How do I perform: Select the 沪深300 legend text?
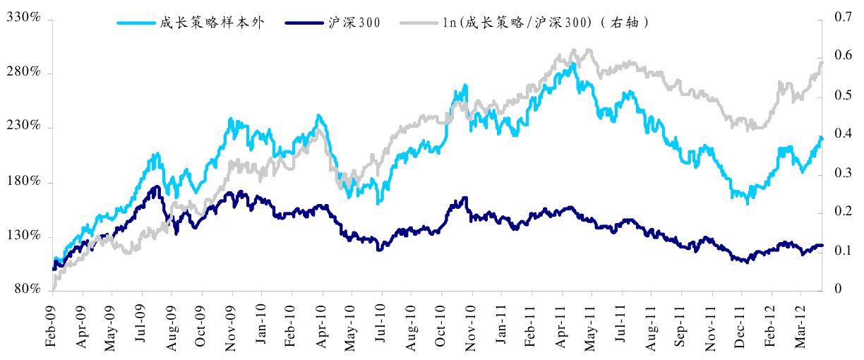355,23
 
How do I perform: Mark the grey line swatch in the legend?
420,23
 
